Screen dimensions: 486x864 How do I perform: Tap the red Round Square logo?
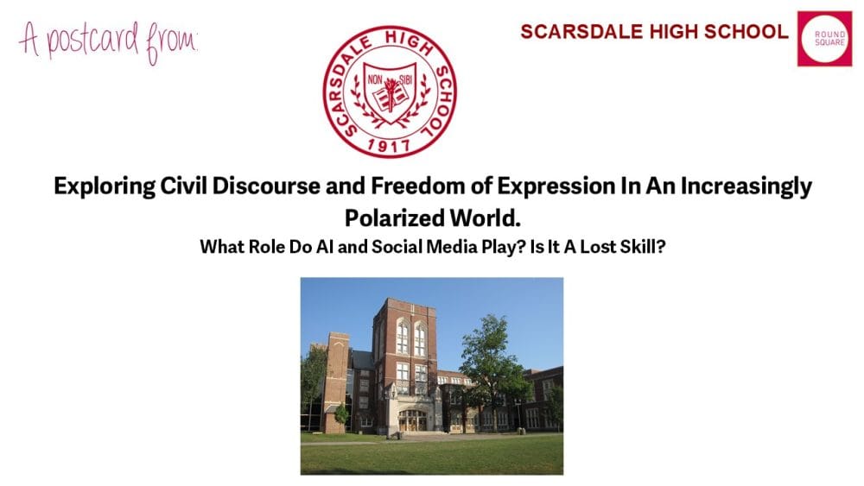[x=824, y=39]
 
